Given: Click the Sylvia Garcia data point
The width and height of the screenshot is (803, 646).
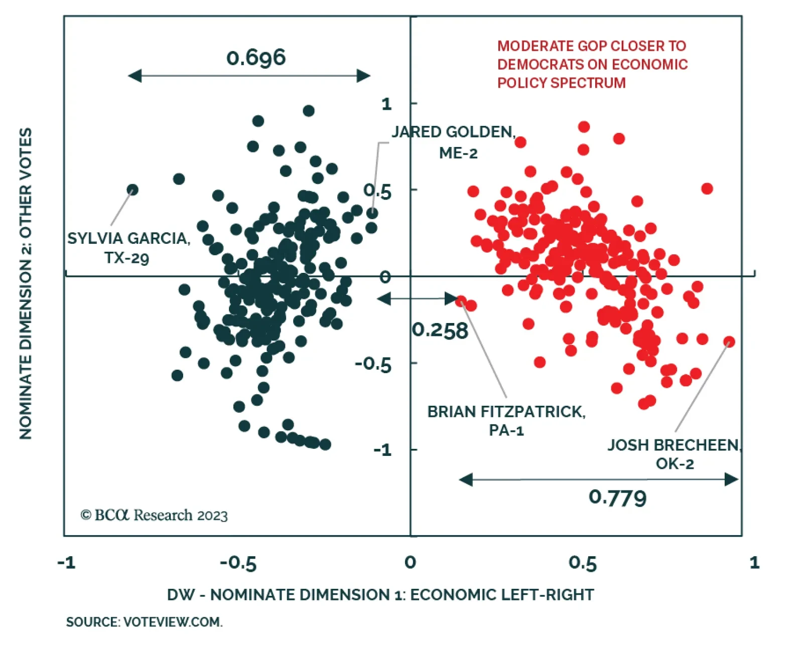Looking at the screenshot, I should click(132, 190).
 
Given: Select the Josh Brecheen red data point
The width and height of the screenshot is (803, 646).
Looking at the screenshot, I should click(729, 342).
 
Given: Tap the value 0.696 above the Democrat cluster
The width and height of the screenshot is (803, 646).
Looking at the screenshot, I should click(256, 57).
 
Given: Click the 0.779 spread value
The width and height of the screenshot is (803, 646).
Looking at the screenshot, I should click(617, 498).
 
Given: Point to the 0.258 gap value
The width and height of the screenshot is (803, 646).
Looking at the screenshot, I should click(440, 331).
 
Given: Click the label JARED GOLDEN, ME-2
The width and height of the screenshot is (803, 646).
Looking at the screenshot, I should click(454, 142).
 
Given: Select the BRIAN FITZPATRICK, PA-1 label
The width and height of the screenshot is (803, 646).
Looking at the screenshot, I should click(506, 420).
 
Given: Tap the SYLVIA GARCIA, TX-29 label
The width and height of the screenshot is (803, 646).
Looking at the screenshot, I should click(128, 248).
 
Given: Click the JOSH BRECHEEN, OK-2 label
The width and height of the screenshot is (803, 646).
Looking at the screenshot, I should click(675, 454).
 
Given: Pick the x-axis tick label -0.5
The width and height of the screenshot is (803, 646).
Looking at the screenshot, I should click(238, 563).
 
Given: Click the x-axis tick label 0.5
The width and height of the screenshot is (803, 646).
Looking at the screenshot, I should click(583, 563).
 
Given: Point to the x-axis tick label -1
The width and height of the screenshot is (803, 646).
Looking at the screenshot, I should click(66, 563).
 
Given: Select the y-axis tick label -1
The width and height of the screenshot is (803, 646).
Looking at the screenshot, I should click(382, 450).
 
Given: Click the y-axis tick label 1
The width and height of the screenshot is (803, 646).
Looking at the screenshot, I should click(386, 104).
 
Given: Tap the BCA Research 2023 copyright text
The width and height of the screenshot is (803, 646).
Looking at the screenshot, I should click(154, 515).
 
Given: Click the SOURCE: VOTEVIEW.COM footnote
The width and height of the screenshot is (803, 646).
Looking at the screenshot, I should click(145, 622).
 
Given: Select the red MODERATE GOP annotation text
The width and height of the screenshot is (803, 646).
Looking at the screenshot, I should click(592, 64).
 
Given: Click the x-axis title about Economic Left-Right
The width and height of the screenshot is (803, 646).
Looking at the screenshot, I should click(380, 594).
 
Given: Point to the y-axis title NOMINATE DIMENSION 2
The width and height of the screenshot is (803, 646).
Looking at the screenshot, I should click(26, 283).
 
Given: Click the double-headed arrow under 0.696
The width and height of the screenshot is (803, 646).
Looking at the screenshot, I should click(249, 76).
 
